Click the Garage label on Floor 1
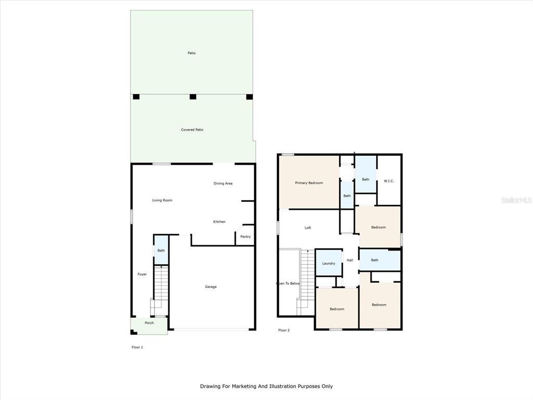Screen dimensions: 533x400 (211, 287)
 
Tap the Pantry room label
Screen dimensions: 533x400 (246, 237)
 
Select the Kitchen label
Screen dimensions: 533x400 (219, 222)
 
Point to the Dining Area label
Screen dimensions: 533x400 (223, 183)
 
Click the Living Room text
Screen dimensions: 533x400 (162, 201)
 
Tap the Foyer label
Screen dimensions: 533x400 (142, 274)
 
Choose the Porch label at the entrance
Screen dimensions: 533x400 (149, 323)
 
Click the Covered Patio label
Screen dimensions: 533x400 (192, 130)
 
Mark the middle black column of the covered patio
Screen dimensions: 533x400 (193, 96)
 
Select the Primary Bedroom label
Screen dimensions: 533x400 (309, 183)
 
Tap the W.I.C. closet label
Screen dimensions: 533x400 (389, 181)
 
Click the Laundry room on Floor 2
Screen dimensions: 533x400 (329, 262)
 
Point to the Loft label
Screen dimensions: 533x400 (308, 228)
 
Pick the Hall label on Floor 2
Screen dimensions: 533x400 (350, 260)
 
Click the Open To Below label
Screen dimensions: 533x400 (288, 283)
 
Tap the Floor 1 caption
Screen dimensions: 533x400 (137, 347)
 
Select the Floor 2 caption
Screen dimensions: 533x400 (284, 330)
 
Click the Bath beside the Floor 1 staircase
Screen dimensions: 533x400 (161, 251)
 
